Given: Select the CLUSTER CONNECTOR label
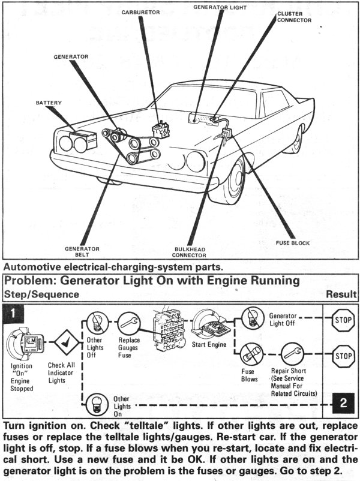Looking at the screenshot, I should [x=293, y=16].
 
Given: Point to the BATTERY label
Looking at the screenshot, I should [x=49, y=103].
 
